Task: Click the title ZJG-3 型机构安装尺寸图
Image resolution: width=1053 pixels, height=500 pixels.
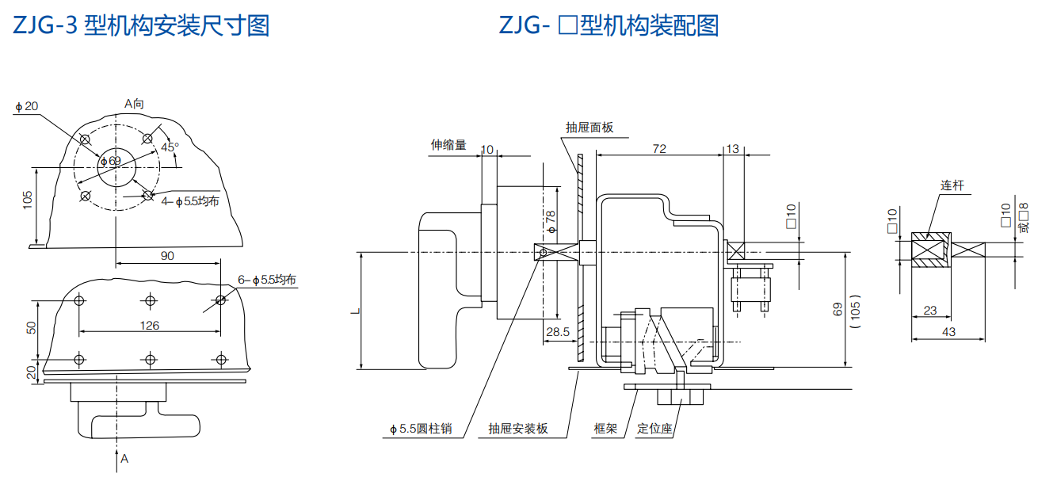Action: tap(141, 25)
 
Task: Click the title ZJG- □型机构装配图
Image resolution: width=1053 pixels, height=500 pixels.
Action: tap(609, 25)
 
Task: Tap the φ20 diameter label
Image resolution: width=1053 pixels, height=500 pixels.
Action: tap(26, 106)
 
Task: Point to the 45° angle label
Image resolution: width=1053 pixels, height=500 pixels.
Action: tap(170, 147)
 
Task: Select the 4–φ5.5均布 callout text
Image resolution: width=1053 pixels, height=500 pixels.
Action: tap(190, 201)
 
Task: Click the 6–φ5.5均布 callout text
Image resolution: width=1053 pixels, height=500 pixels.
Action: tap(267, 280)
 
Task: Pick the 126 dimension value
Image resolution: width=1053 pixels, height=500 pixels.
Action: tap(149, 325)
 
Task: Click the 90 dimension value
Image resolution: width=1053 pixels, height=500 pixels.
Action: tap(167, 255)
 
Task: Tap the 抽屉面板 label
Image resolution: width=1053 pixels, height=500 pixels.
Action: tap(589, 128)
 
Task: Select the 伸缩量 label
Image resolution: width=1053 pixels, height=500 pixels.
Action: tap(448, 145)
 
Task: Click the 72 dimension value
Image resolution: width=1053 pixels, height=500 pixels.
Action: tap(658, 149)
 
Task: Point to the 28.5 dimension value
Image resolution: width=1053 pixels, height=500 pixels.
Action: tap(558, 332)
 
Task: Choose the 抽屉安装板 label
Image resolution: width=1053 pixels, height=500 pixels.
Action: tap(518, 429)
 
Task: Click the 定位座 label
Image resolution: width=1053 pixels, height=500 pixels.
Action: tap(654, 429)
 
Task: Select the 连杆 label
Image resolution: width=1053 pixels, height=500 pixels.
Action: tap(952, 185)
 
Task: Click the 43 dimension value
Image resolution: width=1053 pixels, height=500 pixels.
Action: tap(948, 332)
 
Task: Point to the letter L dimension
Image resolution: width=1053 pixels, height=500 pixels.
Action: tap(353, 310)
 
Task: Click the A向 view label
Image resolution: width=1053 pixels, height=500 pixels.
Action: tap(134, 103)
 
